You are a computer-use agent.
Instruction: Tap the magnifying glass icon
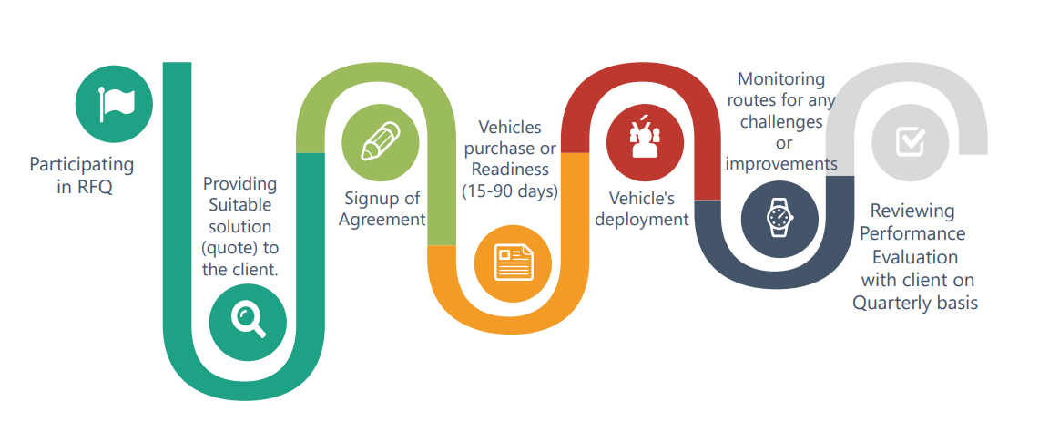[x=248, y=321]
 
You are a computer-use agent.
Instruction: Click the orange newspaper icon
[x=513, y=263]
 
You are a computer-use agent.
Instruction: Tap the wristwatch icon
[x=779, y=218]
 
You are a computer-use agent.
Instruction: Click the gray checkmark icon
[x=911, y=140]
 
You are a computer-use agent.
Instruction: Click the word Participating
[x=82, y=165]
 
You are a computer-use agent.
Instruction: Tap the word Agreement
[x=382, y=220]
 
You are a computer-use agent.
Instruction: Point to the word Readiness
[x=510, y=170]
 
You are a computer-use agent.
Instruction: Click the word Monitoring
[x=781, y=78]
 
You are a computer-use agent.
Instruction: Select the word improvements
[x=781, y=164]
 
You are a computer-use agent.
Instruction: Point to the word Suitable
[x=239, y=204]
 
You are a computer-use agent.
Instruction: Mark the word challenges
[x=781, y=121]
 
